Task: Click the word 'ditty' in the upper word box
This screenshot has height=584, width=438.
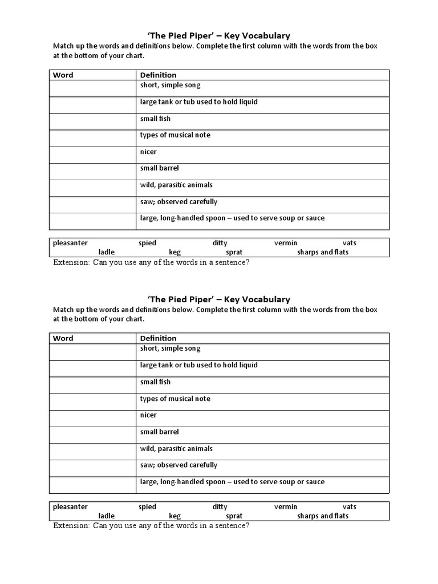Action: coord(220,243)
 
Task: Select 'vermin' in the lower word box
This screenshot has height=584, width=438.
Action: coord(286,506)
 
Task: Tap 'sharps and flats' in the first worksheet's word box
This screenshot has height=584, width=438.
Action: coord(322,252)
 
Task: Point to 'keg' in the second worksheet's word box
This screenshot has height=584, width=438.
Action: coord(175,516)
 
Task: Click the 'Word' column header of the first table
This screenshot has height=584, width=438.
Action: coord(63,75)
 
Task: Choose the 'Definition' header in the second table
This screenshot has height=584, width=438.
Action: coord(158,338)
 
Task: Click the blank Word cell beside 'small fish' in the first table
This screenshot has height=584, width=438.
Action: coord(92,122)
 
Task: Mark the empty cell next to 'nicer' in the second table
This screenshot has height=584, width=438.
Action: coord(92,419)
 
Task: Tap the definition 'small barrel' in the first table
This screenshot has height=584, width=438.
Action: coord(159,168)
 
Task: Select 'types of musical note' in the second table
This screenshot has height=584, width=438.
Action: coord(175,399)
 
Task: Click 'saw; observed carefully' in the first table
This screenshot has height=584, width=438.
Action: coord(179,201)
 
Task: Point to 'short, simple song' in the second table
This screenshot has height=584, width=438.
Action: coord(170,348)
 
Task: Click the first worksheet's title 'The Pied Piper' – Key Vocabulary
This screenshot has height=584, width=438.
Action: coord(219,35)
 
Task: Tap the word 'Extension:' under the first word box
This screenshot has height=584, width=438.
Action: coord(71,262)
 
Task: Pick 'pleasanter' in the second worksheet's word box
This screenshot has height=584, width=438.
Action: coord(70,506)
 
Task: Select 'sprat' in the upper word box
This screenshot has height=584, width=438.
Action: coord(234,252)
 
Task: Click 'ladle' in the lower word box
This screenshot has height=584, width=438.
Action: coord(107,516)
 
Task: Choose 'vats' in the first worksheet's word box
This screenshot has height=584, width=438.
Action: coord(349,243)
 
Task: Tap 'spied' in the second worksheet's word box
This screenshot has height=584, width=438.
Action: coord(147,506)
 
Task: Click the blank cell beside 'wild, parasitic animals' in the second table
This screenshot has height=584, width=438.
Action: coord(92,452)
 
